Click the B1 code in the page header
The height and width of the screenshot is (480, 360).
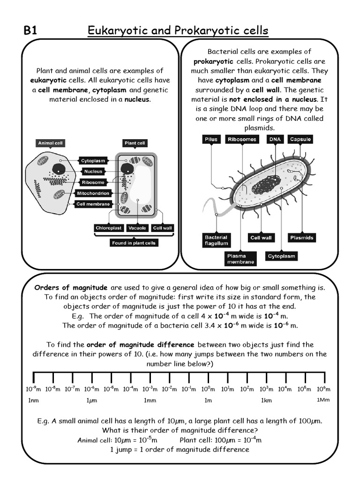(x=30, y=31)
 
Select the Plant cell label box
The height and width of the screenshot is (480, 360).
(x=135, y=143)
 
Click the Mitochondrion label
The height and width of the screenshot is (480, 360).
(x=93, y=193)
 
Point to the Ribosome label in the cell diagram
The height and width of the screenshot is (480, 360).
(x=93, y=182)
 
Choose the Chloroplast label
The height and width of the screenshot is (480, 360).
(x=109, y=228)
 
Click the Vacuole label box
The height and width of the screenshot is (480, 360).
(x=137, y=228)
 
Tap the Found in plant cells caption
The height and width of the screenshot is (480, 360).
(x=134, y=243)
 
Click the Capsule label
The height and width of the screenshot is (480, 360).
(x=300, y=139)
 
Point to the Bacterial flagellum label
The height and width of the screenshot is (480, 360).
(x=216, y=240)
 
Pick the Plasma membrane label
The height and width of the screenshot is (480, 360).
(x=240, y=259)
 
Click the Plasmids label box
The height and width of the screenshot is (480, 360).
(x=301, y=238)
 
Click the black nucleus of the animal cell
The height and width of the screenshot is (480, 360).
(x=59, y=170)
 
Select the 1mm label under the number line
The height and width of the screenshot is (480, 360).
(x=150, y=401)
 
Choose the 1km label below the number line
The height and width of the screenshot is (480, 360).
(x=266, y=401)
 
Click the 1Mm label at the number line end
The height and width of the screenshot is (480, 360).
(x=324, y=400)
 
